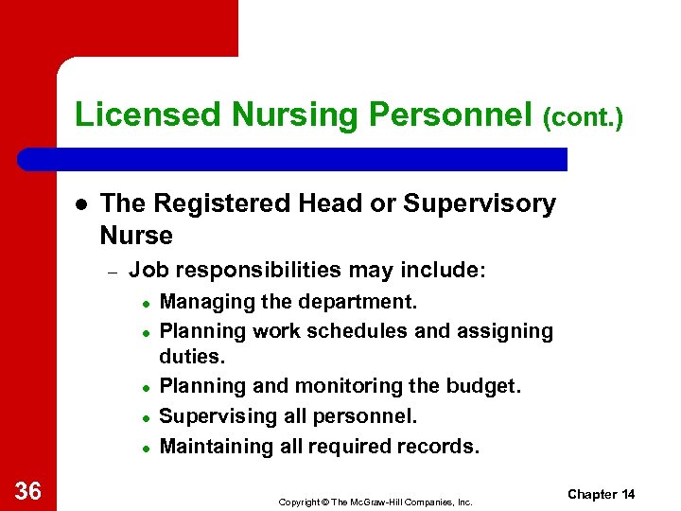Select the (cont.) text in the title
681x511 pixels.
click(x=583, y=117)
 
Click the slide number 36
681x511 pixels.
click(x=28, y=489)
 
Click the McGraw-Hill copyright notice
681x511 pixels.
click(x=375, y=502)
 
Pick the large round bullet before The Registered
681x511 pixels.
click(x=82, y=204)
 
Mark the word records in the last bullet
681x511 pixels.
click(x=441, y=445)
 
